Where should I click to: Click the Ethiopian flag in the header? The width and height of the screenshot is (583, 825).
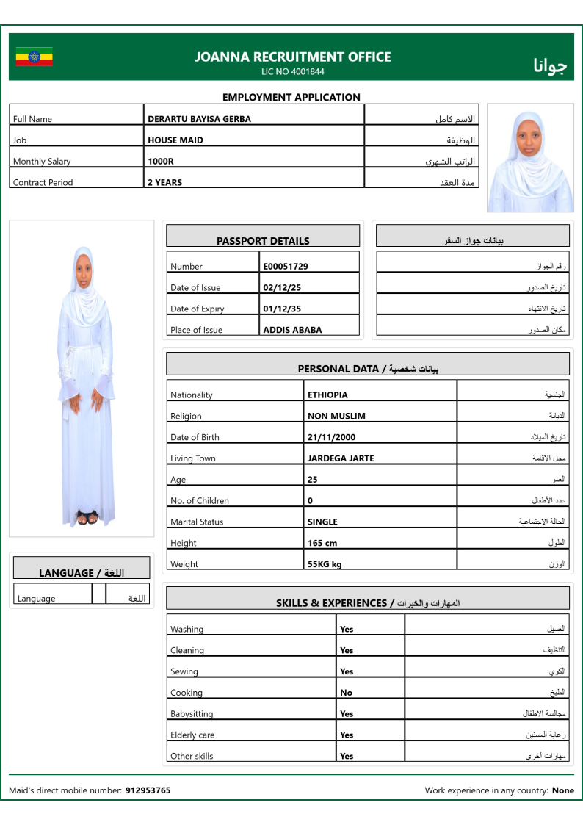[x=34, y=57]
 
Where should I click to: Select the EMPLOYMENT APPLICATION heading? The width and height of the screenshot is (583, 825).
[x=291, y=97]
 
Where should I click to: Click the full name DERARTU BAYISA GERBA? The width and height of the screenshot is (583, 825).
[x=199, y=119]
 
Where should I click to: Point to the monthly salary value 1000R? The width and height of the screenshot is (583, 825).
[x=161, y=162]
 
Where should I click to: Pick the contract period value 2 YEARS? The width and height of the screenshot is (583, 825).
[x=165, y=183]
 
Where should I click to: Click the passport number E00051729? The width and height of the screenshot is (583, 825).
[x=286, y=267]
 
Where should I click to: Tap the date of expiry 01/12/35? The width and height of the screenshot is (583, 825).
[x=282, y=309]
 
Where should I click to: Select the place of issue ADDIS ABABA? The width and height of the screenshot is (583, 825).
[x=292, y=331]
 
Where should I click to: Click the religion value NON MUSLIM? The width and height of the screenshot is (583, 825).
[x=336, y=417]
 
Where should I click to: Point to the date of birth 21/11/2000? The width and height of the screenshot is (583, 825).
[x=331, y=438]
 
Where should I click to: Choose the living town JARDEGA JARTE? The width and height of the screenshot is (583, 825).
[x=341, y=459]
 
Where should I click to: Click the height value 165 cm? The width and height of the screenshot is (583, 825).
[x=322, y=544]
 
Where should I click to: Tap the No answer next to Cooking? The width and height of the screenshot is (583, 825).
[x=346, y=693]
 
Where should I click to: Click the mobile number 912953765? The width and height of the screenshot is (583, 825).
[x=148, y=791]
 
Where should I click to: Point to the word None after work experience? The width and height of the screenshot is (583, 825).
[x=563, y=791]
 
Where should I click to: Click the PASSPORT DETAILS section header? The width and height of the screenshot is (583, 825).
[x=263, y=241]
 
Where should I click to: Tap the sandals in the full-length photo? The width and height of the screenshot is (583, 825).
[x=87, y=519]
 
